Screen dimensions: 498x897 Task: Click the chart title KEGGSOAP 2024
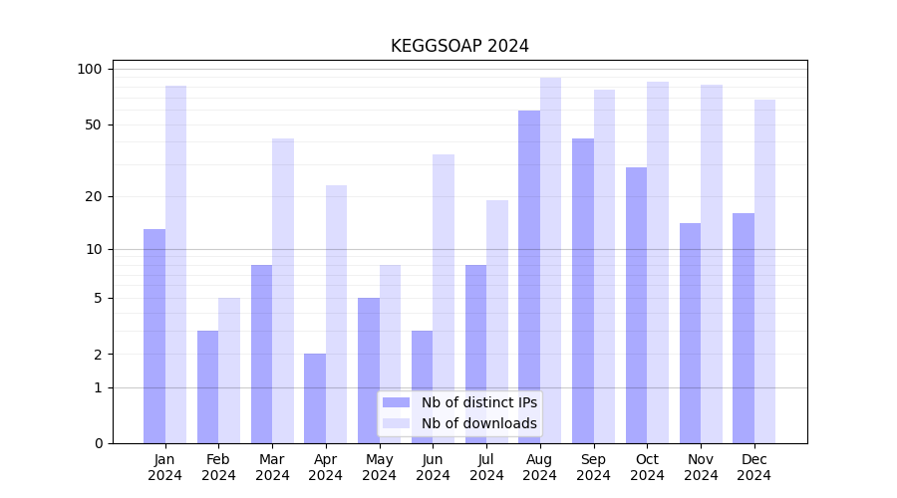tap(459, 46)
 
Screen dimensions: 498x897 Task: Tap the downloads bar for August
tap(550, 260)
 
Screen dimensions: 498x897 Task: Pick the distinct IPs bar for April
tap(315, 398)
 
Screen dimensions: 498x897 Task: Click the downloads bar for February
tap(229, 371)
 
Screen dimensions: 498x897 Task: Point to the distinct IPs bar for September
tap(583, 291)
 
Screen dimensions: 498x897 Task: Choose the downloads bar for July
tap(497, 322)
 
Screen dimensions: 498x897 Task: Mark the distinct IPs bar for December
tap(744, 328)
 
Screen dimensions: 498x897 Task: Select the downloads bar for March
tap(283, 291)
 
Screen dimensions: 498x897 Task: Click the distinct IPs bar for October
tap(636, 305)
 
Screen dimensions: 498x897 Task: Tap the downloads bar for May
tap(390, 354)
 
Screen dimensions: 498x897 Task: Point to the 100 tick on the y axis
tap(90, 69)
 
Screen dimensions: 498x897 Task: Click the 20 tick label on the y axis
tap(94, 196)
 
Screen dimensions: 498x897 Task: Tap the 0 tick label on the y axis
tap(98, 443)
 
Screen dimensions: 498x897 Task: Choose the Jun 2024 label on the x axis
tap(433, 467)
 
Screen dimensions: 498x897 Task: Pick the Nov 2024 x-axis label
tap(701, 467)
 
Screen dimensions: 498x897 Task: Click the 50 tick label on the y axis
tap(94, 124)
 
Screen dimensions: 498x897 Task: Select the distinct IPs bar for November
tap(690, 333)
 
